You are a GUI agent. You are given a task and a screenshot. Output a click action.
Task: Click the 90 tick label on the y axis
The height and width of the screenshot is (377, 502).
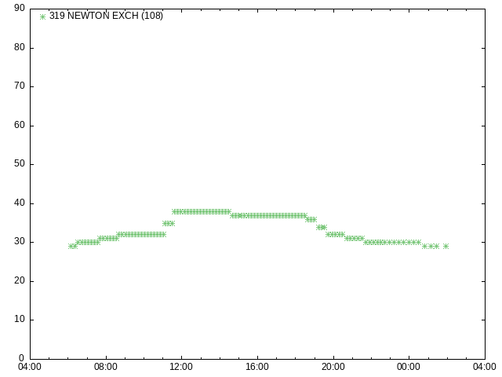[20, 8]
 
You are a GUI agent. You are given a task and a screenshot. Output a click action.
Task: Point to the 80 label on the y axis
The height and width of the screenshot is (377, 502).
[20, 47]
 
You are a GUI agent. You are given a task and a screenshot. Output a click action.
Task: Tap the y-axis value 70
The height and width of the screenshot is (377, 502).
[20, 86]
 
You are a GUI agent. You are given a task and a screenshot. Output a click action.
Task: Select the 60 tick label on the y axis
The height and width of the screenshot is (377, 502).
[20, 125]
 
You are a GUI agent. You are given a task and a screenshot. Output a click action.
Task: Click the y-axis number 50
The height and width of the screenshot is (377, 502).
[20, 164]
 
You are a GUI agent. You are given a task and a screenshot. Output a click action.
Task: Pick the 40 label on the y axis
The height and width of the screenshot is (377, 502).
[20, 203]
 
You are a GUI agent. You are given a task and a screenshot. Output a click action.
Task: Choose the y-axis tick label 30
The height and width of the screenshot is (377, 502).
[20, 241]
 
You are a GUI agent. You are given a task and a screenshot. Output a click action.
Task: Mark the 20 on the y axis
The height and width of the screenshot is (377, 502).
[20, 280]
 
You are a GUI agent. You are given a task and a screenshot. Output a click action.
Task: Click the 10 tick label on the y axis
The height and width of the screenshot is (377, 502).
[20, 320]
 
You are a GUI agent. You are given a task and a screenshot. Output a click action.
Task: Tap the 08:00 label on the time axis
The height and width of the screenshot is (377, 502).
[106, 367]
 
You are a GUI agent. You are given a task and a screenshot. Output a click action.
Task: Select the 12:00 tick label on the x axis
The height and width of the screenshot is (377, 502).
[181, 367]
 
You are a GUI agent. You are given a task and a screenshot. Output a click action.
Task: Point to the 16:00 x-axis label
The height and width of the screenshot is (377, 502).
[257, 367]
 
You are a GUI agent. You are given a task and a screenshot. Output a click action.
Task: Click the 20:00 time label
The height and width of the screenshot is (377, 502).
[333, 367]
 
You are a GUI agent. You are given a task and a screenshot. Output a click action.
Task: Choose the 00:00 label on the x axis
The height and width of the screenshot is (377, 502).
[409, 367]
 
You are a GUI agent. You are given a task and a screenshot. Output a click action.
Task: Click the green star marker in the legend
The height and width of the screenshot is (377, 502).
[42, 16]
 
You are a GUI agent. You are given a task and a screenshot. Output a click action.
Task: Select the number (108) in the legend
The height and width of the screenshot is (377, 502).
[152, 16]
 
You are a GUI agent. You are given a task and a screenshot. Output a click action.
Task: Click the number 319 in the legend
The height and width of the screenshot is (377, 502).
[57, 16]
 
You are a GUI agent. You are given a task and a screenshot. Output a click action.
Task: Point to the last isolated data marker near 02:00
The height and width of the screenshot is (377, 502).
[446, 246]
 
